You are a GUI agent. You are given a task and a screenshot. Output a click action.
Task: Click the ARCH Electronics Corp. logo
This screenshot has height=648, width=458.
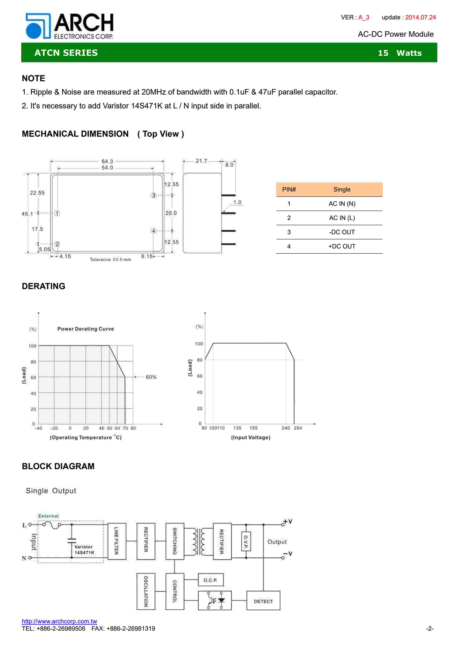tap(69, 26)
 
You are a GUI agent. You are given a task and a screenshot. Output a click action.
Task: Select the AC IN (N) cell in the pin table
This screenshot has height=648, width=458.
tap(342, 204)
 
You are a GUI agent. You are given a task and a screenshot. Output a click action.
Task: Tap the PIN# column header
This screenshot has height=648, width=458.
tap(289, 189)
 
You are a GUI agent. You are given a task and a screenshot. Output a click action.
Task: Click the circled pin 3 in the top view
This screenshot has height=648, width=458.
tap(154, 195)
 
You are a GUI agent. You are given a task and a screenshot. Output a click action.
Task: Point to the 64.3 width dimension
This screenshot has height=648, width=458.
tap(107, 161)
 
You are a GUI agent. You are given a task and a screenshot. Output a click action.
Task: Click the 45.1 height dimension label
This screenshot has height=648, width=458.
tap(27, 214)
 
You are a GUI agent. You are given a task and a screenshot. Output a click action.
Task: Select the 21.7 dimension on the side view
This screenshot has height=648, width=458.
tap(201, 161)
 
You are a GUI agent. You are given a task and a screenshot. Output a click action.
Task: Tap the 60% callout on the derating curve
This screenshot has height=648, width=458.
tap(151, 377)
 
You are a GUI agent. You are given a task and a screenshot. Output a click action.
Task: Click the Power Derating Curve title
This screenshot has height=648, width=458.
tap(86, 329)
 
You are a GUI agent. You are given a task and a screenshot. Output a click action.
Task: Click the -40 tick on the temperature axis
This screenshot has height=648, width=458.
tap(38, 428)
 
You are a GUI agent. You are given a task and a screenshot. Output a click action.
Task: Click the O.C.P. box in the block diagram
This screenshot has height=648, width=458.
tap(210, 580)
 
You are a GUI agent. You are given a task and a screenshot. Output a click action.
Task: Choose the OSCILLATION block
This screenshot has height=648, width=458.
tap(146, 591)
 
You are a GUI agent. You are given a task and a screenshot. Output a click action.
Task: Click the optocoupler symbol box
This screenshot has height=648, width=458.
tap(214, 600)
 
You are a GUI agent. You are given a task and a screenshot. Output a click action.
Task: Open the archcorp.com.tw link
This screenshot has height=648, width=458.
tap(59, 621)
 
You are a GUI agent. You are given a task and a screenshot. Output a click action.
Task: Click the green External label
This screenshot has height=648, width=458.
tap(49, 516)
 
